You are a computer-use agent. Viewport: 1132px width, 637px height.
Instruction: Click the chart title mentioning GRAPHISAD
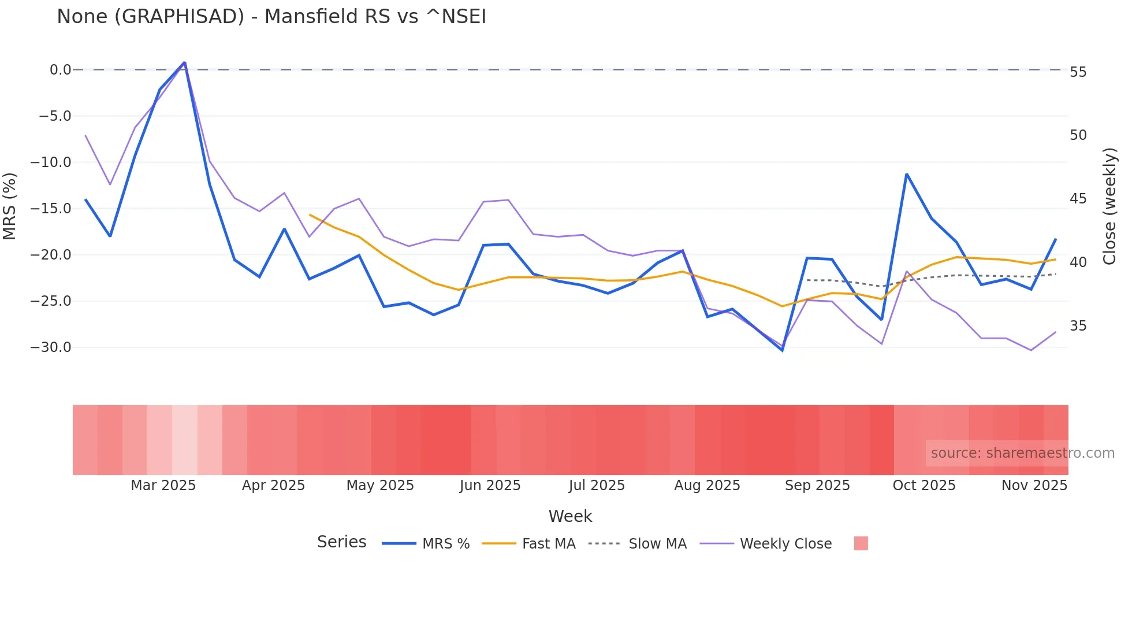click(271, 17)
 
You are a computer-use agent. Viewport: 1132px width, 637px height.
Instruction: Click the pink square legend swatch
click(861, 543)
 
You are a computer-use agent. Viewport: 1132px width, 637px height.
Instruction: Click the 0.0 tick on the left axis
click(60, 70)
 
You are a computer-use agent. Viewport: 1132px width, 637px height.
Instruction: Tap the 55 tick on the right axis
click(1078, 72)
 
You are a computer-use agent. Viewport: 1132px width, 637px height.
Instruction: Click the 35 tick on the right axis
click(1078, 326)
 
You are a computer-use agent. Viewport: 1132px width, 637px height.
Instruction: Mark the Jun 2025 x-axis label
click(490, 486)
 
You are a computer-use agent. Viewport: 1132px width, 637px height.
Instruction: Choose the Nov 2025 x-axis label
click(1034, 486)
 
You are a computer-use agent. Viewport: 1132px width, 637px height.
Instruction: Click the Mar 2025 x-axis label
click(163, 486)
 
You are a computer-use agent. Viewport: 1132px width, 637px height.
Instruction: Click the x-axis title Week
click(570, 516)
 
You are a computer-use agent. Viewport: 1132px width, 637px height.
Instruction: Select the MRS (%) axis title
click(10, 206)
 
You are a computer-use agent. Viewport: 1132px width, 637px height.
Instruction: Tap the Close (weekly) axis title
click(1109, 206)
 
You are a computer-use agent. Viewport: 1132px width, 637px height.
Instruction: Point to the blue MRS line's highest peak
click(184, 62)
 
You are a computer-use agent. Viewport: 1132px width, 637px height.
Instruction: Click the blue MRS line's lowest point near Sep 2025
click(783, 350)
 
